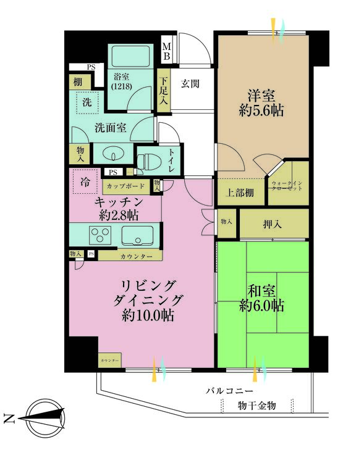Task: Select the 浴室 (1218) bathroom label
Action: pyautogui.click(x=121, y=82)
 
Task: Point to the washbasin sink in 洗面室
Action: pyautogui.click(x=112, y=154)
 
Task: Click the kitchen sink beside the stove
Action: pyautogui.click(x=137, y=235)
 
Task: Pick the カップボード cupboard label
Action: pyautogui.click(x=126, y=186)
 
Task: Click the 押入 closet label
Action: pyautogui.click(x=273, y=223)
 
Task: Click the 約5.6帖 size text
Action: pyautogui.click(x=262, y=112)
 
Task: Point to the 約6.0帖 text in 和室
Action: pyautogui.click(x=262, y=305)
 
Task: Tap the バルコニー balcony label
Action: pyautogui.click(x=229, y=391)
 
